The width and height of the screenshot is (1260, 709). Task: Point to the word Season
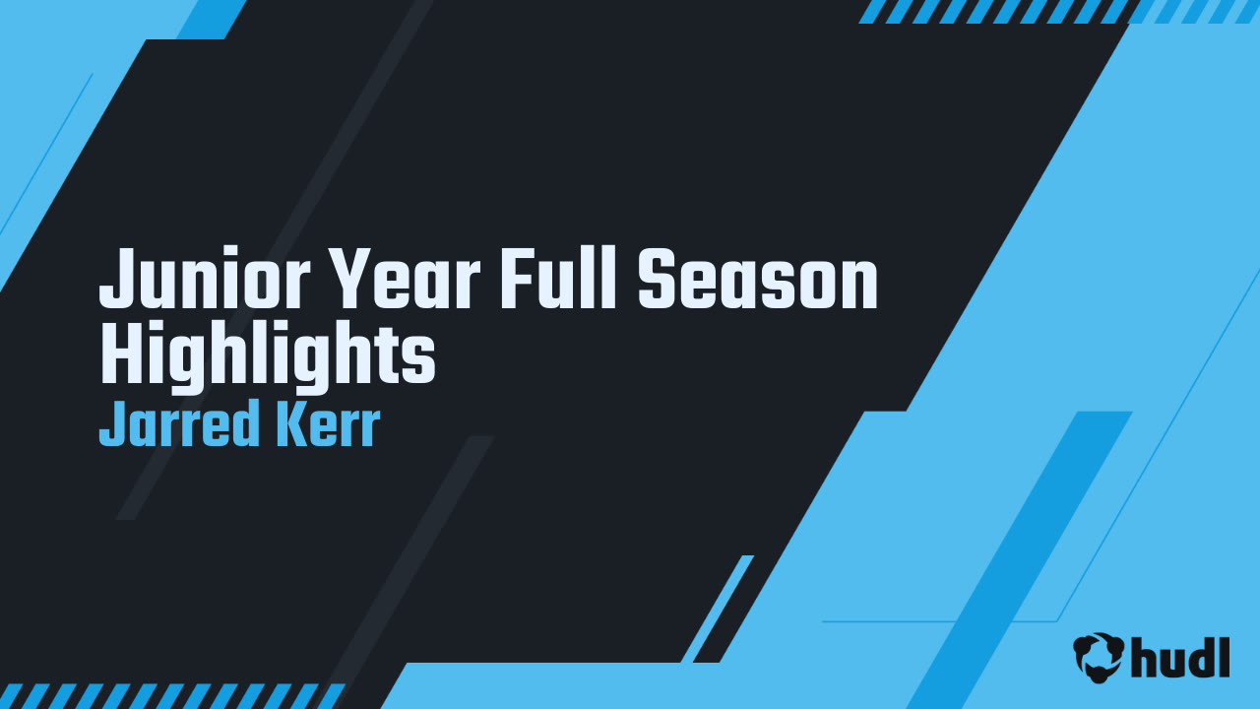758,281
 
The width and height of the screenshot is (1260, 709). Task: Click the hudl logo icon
1099,657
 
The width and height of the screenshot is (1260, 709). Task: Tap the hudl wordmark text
1181,657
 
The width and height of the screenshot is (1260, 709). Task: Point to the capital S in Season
658,281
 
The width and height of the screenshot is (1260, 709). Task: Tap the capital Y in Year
350,281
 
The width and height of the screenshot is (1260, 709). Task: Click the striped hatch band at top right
1058,11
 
